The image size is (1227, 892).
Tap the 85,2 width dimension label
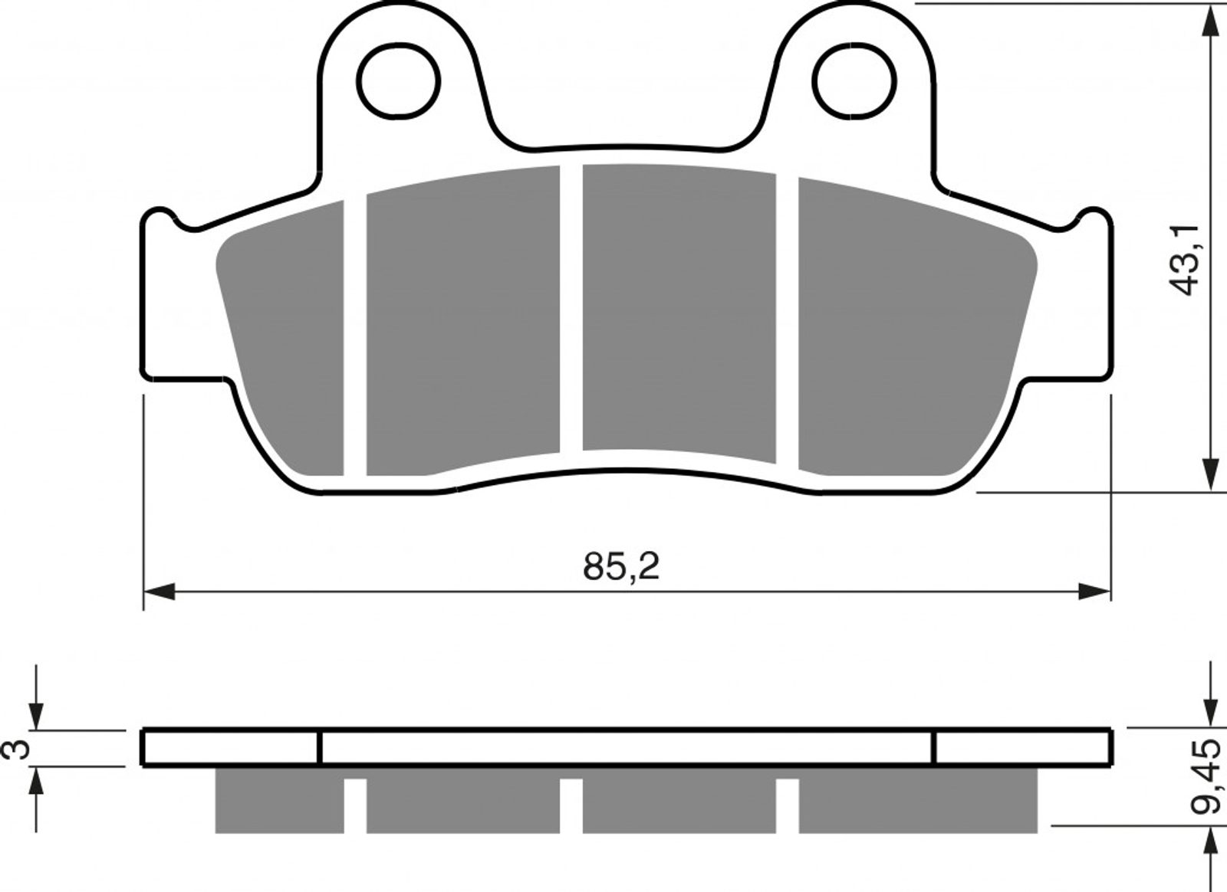[621, 566]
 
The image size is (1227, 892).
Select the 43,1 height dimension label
[1184, 260]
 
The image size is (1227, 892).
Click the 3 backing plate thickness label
[15, 749]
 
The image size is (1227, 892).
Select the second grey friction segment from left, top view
[463, 320]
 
